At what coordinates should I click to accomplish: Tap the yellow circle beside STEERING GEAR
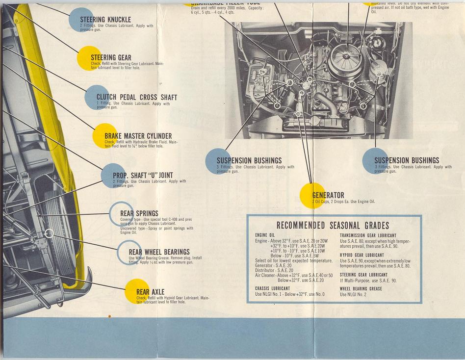89,58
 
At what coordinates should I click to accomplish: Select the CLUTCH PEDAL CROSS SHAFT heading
137,97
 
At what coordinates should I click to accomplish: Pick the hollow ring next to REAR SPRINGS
120,214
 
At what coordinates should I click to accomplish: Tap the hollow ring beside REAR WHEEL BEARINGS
129,253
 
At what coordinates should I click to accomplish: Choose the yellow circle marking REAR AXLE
136,292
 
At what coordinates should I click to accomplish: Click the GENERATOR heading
328,195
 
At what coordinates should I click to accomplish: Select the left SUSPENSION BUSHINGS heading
249,160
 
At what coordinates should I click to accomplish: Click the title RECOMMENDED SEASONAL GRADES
333,225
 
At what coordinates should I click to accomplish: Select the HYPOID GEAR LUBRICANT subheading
362,255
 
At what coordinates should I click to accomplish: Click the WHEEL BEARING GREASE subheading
361,289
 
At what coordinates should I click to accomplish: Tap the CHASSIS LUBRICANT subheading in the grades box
273,288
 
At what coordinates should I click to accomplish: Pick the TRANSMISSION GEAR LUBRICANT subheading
368,235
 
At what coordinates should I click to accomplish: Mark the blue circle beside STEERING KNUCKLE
81,20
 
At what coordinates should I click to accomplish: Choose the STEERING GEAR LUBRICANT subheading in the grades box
363,275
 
